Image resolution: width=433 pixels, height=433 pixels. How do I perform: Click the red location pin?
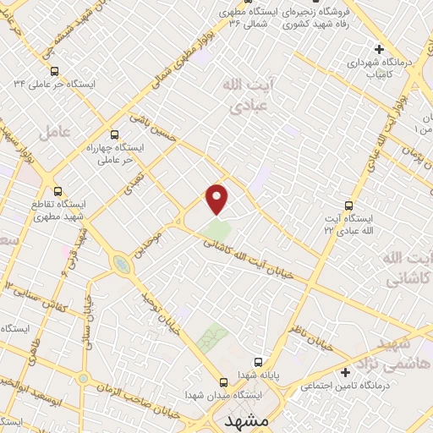[217, 198]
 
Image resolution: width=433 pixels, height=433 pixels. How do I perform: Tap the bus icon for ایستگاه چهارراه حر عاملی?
[115, 134]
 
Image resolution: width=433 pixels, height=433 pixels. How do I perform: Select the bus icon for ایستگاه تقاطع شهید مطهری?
[58, 191]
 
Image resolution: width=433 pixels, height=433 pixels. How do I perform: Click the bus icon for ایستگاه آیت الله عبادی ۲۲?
[348, 206]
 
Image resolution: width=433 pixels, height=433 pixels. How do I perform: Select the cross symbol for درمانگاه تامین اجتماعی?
[345, 372]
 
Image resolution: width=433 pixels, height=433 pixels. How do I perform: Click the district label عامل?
[53, 130]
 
